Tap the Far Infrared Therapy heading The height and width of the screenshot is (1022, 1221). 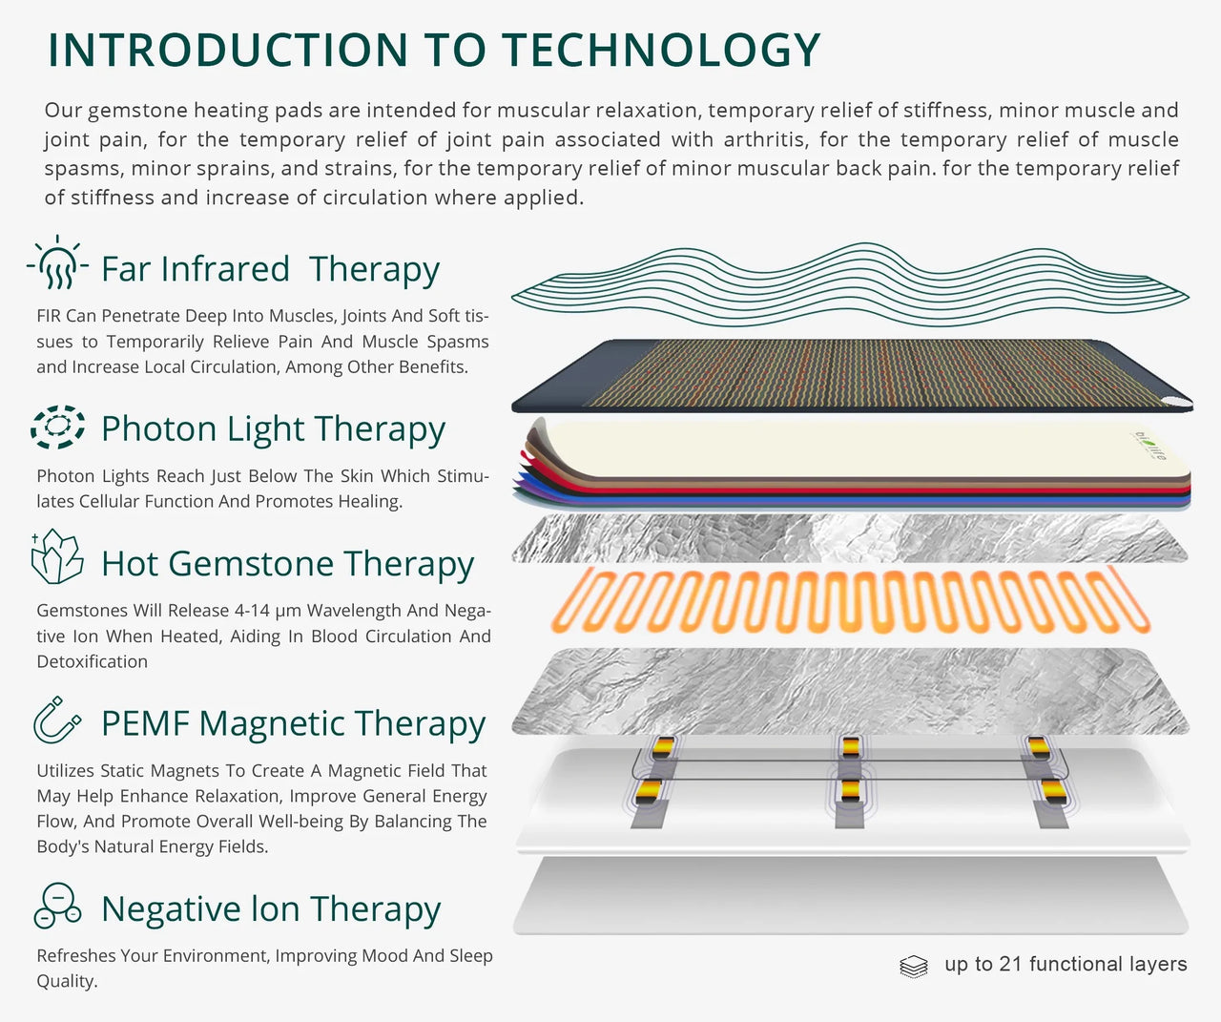coord(270,269)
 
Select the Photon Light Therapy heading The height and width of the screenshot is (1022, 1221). coord(273,429)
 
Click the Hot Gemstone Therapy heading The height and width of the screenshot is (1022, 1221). coord(287,564)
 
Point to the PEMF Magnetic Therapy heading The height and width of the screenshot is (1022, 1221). coord(293,723)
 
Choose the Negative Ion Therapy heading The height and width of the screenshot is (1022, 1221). coord(271,909)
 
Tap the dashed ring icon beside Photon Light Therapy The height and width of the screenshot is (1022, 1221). coord(57,427)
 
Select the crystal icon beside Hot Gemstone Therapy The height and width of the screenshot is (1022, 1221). coord(57,557)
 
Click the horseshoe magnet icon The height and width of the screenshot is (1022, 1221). coord(56,720)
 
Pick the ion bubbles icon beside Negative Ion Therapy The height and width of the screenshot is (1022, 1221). coord(57,906)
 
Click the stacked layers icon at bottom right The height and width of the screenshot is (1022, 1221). coord(913,967)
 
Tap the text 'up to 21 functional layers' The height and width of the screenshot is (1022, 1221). coord(1066,965)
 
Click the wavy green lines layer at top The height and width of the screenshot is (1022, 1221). coord(849,283)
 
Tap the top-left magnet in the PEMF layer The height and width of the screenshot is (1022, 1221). coord(663,745)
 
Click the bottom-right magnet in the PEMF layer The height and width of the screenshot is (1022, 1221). coord(1052,790)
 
